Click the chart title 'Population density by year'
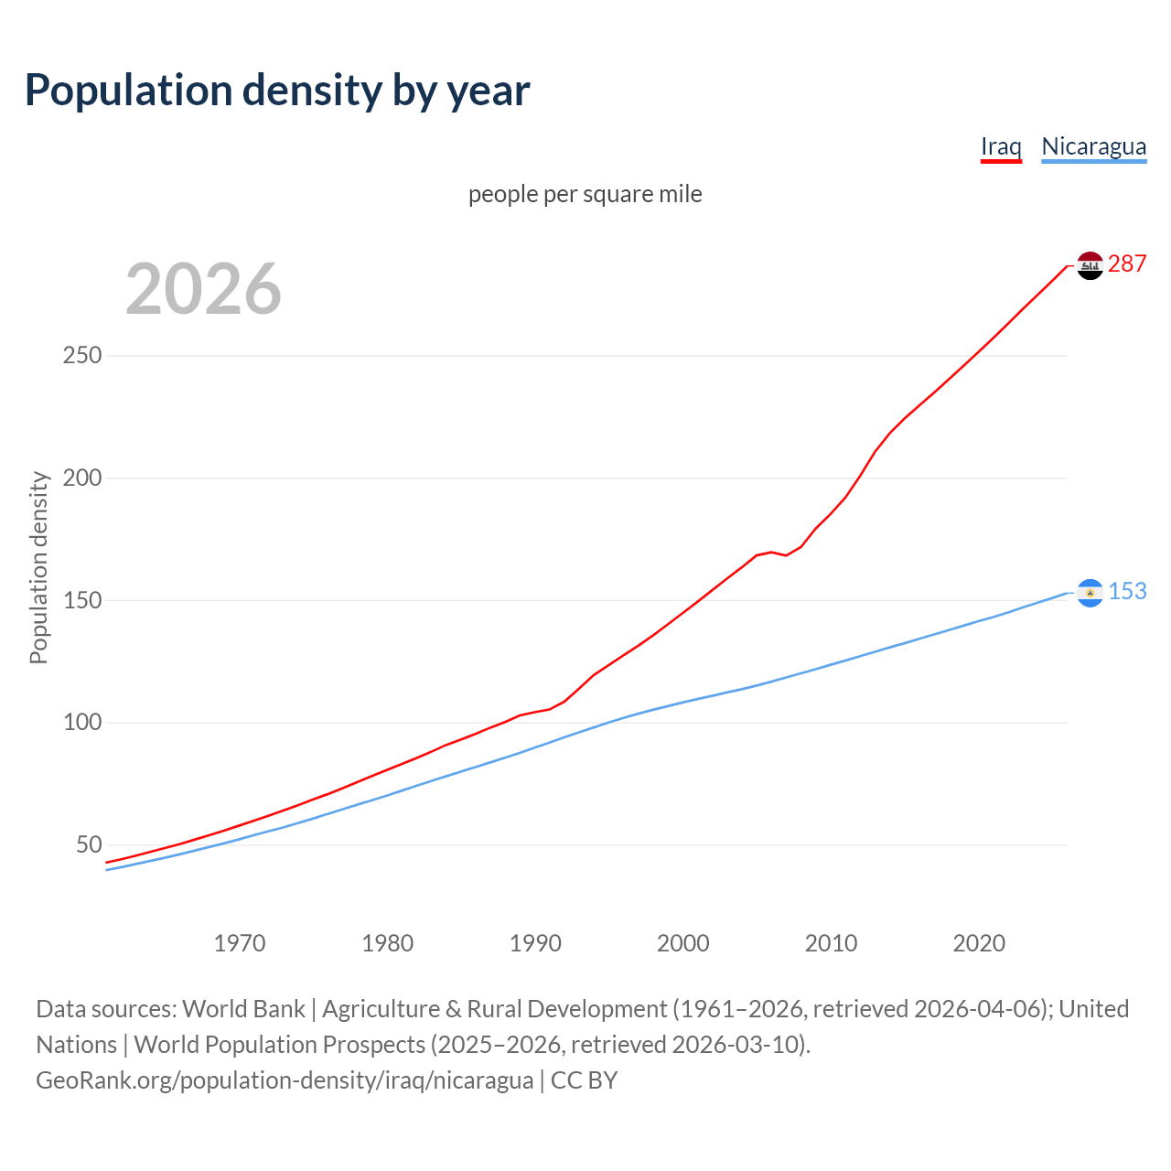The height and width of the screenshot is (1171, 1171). [277, 90]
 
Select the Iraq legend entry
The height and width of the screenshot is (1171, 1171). [1001, 146]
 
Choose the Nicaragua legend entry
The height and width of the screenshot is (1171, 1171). [1093, 146]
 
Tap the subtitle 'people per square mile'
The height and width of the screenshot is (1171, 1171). [585, 194]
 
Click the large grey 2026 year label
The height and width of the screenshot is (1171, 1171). [203, 289]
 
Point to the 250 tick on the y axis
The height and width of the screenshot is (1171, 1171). [81, 356]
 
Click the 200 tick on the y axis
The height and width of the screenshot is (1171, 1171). [81, 478]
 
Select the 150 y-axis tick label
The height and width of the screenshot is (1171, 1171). [81, 601]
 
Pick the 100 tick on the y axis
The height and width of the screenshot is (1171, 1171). [81, 723]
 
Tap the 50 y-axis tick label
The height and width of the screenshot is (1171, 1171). [88, 845]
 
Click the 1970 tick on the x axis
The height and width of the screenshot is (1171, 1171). [240, 943]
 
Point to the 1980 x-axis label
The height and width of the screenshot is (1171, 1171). [388, 943]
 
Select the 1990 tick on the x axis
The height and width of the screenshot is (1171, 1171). [535, 943]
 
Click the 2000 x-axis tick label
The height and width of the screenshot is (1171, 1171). [683, 943]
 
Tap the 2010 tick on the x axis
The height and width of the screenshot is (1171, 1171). [831, 943]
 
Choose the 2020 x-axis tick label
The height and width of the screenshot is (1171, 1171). [979, 943]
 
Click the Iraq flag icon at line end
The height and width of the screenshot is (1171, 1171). [1090, 265]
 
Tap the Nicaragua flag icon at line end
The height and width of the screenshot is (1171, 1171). [1090, 593]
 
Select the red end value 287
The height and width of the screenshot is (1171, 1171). [1127, 264]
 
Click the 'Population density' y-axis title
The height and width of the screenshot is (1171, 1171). [38, 567]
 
